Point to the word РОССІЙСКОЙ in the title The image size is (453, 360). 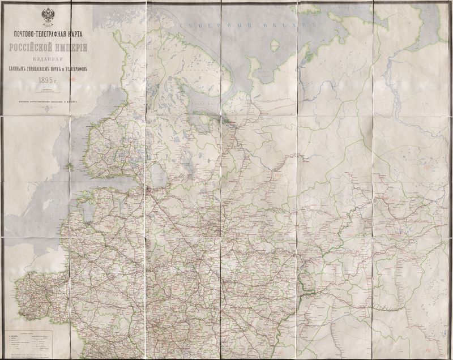34,49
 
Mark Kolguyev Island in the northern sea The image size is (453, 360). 275,45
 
